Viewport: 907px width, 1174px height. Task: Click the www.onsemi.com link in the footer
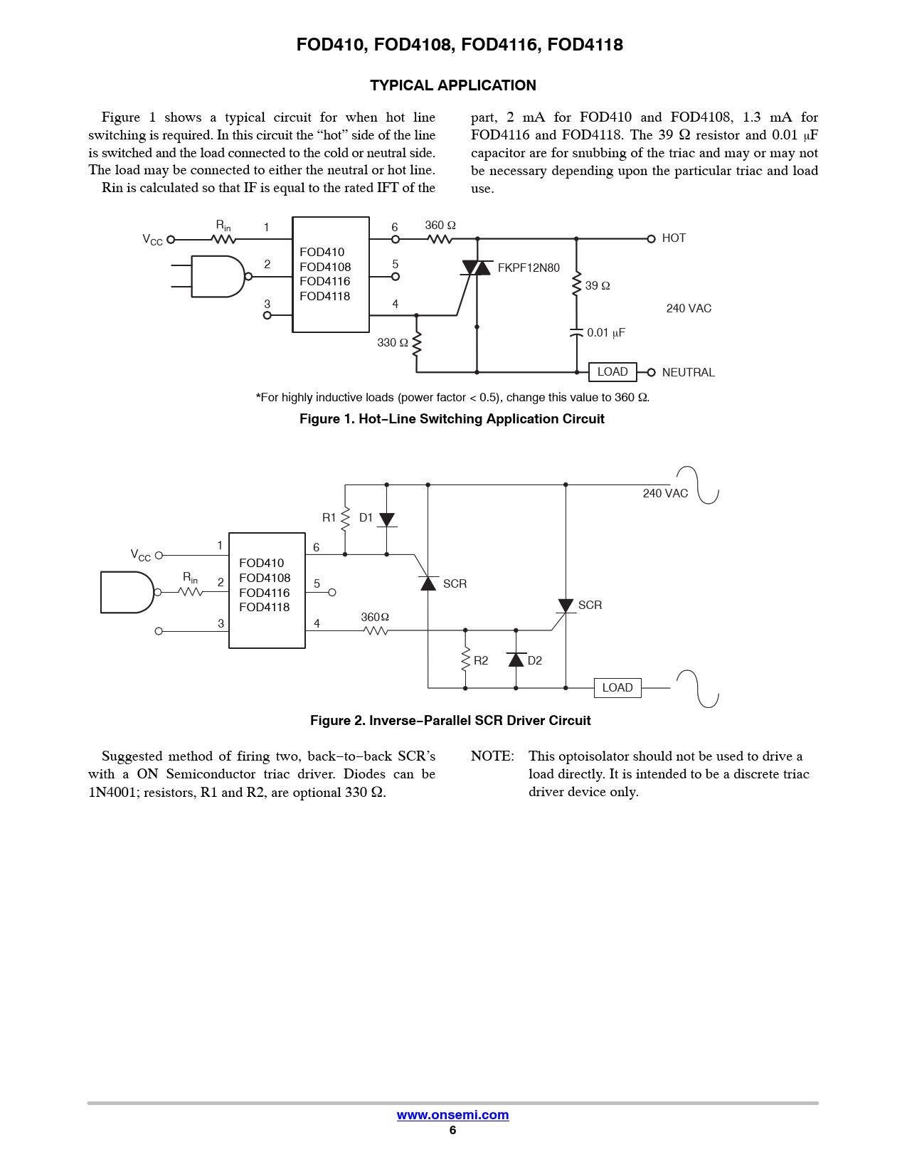452,1115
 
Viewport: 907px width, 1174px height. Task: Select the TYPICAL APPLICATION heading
452,85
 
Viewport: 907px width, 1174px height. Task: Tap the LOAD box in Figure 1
612,372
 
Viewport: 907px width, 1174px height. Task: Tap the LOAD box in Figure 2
617,688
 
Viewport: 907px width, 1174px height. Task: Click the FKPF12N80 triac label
529,268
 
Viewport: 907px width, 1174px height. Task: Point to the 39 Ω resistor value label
598,286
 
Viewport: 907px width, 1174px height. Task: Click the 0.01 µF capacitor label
605,333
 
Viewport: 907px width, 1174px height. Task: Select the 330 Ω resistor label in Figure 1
393,343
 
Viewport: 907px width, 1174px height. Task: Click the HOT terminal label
674,238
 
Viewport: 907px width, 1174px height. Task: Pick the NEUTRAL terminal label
688,373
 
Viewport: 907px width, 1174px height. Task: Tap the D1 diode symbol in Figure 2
386,519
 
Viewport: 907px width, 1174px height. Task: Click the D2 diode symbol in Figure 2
516,660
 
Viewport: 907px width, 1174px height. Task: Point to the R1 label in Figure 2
329,518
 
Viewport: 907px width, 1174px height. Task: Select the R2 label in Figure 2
481,661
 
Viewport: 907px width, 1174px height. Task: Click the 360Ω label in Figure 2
375,618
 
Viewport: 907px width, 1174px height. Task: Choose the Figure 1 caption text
452,419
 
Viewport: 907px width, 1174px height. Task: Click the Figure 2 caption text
450,721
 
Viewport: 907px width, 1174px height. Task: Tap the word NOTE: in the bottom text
492,756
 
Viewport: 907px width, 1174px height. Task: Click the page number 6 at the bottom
452,1131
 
